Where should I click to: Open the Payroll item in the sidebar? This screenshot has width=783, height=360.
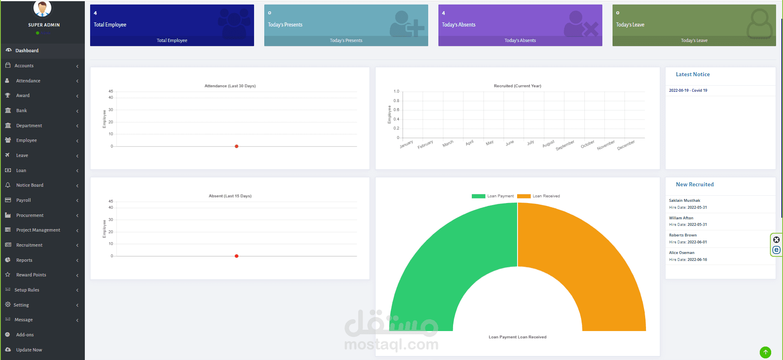coord(23,200)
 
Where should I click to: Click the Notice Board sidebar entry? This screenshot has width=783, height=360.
coord(29,185)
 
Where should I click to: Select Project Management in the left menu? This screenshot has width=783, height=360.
coord(38,230)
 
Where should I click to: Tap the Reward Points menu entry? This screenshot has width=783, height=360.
coord(31,275)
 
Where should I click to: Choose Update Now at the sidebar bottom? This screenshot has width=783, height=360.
coord(29,350)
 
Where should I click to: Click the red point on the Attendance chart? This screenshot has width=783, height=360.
coord(237,146)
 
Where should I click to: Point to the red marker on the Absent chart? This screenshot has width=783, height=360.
coord(237,256)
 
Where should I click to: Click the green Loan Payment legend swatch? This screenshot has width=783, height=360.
coord(478,196)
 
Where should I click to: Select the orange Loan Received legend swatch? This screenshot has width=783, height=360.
coord(524,196)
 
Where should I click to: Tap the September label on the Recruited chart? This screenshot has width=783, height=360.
coord(565,145)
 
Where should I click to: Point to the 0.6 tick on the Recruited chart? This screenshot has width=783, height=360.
coord(396,110)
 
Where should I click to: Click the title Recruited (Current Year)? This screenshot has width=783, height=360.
coord(518,86)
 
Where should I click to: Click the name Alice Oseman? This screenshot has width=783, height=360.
coord(681,253)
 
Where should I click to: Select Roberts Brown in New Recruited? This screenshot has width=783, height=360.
coord(683,235)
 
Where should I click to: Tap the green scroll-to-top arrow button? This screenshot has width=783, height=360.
coord(765,352)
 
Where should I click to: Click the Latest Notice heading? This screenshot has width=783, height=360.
coord(692,75)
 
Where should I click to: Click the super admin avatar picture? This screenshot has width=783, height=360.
coord(42,8)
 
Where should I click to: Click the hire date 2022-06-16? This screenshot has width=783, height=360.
coord(697,260)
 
